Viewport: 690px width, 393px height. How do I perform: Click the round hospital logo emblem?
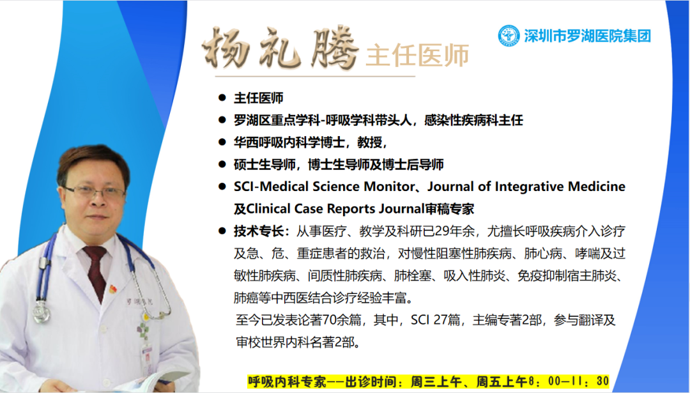509,36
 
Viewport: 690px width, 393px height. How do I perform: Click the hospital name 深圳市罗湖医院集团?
588,36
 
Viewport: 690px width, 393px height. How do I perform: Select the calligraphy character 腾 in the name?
333,47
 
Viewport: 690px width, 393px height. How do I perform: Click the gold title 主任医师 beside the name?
417,56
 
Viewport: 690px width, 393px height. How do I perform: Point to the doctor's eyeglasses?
94,192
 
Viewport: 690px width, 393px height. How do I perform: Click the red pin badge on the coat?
113,289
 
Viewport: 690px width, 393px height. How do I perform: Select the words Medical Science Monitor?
337,187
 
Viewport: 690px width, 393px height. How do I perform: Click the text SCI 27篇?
436,320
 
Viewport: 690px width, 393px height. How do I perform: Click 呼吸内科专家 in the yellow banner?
287,381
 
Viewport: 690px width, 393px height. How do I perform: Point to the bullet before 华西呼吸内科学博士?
222,142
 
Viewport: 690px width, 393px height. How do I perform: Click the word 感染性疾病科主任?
473,120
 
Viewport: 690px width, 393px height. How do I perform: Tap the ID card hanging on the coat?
147,357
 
